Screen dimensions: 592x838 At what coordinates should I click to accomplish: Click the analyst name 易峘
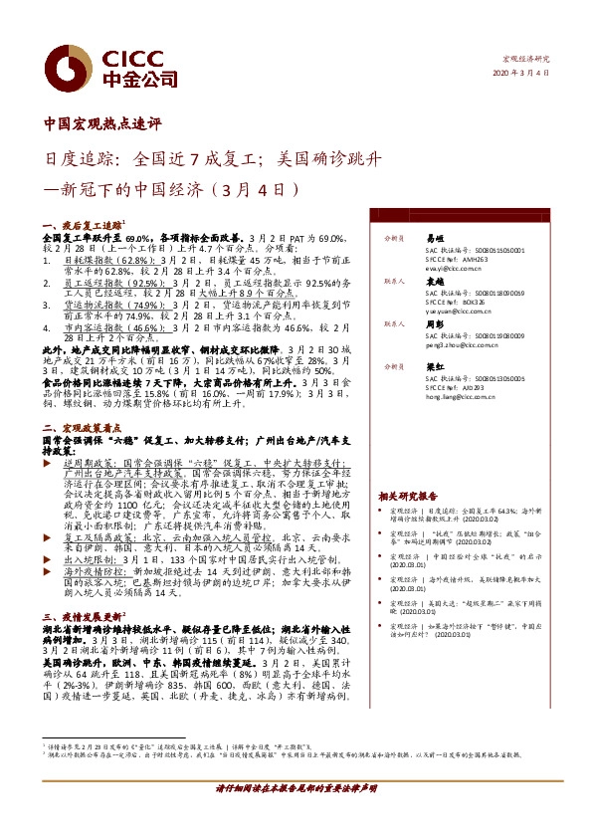click(434, 239)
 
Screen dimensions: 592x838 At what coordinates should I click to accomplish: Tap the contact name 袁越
click(434, 282)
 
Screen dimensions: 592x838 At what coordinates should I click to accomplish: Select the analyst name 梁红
click(434, 365)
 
